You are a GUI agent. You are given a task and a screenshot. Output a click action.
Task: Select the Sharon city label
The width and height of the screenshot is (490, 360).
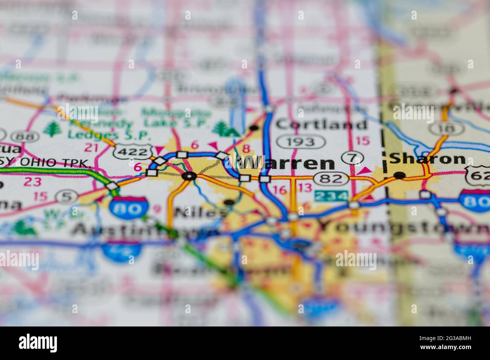[x=427, y=159]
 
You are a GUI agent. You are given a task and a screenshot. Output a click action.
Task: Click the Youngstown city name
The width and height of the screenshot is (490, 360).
[x=403, y=227]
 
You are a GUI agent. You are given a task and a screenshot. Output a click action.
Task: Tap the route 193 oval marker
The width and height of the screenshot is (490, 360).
[x=301, y=142]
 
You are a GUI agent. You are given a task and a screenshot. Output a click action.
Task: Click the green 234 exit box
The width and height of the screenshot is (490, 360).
[x=332, y=196]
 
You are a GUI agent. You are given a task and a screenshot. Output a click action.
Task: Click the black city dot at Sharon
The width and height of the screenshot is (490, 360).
[x=400, y=175]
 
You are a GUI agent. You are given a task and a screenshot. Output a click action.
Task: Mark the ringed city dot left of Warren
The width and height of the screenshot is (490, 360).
[x=189, y=175]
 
